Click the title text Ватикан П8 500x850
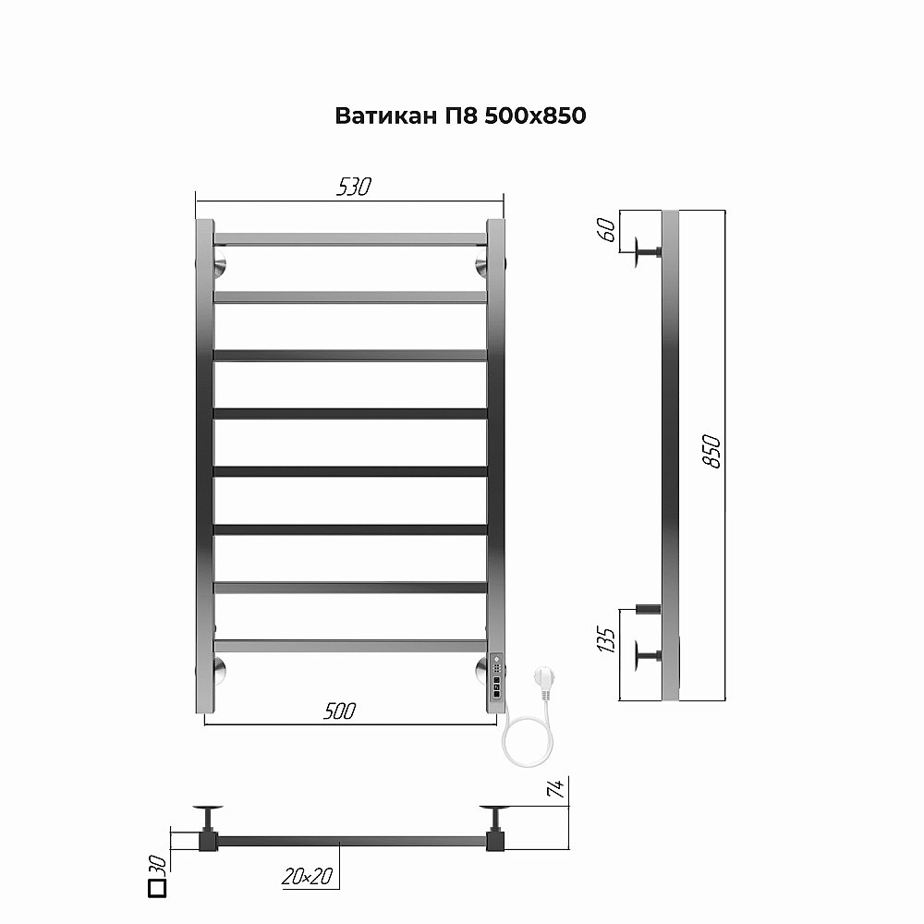460,116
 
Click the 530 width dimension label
353,187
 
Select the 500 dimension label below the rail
339,711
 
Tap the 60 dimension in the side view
607,230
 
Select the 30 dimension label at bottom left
157,865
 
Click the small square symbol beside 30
156,889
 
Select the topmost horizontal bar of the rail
350,239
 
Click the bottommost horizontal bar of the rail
350,646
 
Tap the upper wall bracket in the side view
646,252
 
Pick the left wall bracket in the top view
209,817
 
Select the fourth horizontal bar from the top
350,413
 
